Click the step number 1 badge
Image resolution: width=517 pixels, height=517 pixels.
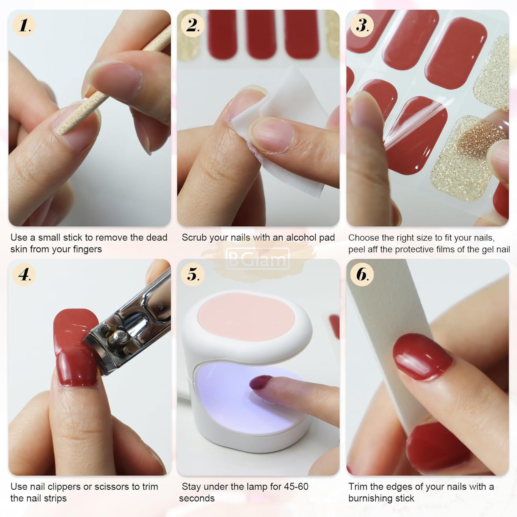24,26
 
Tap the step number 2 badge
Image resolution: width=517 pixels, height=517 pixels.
192,26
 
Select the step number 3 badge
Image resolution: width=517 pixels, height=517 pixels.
362,26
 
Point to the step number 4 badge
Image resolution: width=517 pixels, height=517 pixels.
24,274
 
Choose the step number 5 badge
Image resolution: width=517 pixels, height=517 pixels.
192,274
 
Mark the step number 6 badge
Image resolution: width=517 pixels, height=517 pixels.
362,274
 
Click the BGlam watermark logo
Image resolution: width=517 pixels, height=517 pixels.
258,259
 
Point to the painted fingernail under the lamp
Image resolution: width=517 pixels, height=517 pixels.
260,382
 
